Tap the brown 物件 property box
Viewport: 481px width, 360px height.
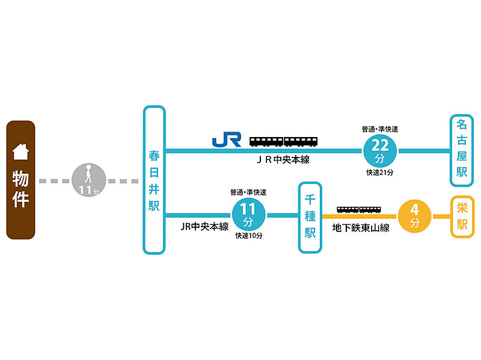[20, 180]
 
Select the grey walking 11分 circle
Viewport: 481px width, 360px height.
[88, 180]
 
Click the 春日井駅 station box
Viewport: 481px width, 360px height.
[155, 180]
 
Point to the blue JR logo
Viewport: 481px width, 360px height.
[227, 139]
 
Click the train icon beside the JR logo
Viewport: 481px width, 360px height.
[283, 141]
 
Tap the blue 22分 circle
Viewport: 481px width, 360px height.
[380, 151]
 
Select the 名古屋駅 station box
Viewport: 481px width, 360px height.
[462, 151]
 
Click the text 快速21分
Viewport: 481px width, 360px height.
[380, 172]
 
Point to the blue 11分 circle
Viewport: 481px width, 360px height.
[248, 215]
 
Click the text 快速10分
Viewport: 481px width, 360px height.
[249, 236]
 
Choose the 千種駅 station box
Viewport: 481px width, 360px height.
[310, 218]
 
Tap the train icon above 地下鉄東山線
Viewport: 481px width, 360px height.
[359, 210]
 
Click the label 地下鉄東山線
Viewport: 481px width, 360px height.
[361, 228]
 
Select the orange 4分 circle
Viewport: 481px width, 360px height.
[414, 216]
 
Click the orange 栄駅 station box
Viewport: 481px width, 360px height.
[462, 217]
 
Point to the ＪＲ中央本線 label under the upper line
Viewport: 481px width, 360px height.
[283, 160]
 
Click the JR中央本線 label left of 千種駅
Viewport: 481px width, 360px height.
[204, 227]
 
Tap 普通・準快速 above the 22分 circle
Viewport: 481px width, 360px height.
[380, 129]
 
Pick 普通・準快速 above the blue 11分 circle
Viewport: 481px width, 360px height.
[248, 192]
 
